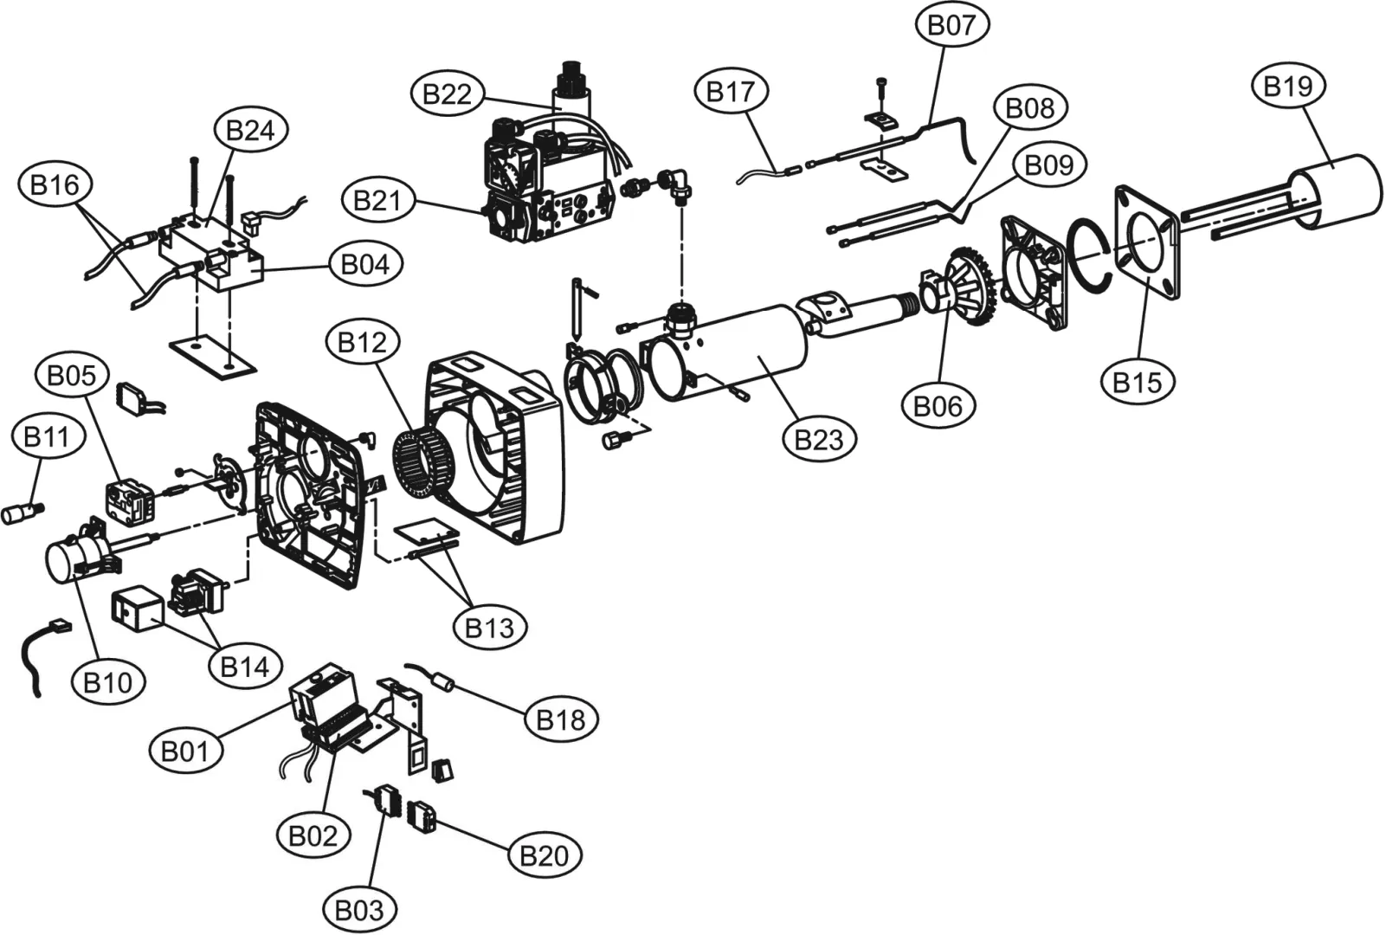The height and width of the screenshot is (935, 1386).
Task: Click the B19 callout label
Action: pyautogui.click(x=1288, y=87)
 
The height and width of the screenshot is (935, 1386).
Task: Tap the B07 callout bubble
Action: pyautogui.click(x=952, y=25)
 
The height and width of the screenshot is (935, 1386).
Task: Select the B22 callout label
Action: pyautogui.click(x=448, y=94)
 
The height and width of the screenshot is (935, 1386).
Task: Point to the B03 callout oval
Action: pyautogui.click(x=359, y=910)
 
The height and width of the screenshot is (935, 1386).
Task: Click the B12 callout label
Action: pyautogui.click(x=363, y=342)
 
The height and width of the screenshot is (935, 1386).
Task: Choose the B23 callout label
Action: pyautogui.click(x=819, y=440)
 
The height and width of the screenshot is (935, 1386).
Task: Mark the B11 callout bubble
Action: pyautogui.click(x=47, y=437)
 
